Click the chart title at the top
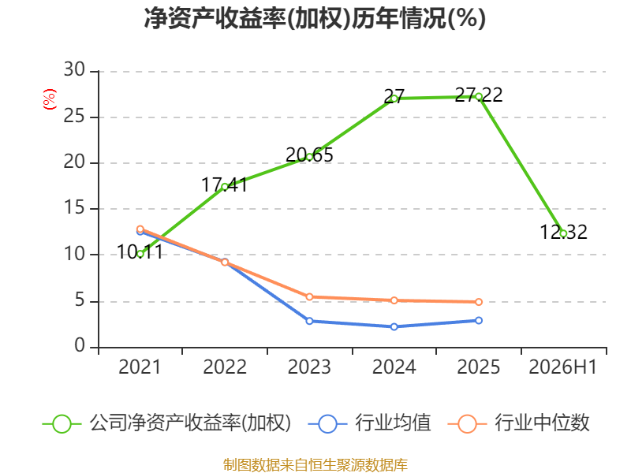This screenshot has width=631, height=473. click(x=315, y=19)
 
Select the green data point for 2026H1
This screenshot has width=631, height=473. click(x=563, y=233)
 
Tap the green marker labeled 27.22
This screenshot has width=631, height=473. click(x=479, y=96)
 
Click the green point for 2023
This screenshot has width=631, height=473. click(x=309, y=157)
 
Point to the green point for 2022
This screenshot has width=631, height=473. click(x=225, y=187)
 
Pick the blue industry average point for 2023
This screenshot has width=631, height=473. click(x=309, y=321)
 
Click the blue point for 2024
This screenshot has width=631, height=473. click(x=394, y=326)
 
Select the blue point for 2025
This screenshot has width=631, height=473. click(x=479, y=320)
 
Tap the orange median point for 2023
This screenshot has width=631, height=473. click(x=309, y=297)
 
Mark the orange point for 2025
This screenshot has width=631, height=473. click(x=479, y=302)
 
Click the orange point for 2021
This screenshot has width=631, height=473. click(x=140, y=229)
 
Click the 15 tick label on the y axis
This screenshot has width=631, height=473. click(x=74, y=208)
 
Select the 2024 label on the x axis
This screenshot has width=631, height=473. click(x=394, y=367)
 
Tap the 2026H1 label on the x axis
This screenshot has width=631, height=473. click(x=562, y=367)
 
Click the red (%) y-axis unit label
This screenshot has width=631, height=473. click(x=50, y=99)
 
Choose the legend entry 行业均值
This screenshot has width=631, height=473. click(x=369, y=423)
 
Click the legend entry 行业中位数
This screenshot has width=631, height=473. click(x=518, y=423)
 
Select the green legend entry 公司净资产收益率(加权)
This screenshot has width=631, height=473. click(x=166, y=423)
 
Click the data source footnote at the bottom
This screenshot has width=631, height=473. click(x=315, y=465)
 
